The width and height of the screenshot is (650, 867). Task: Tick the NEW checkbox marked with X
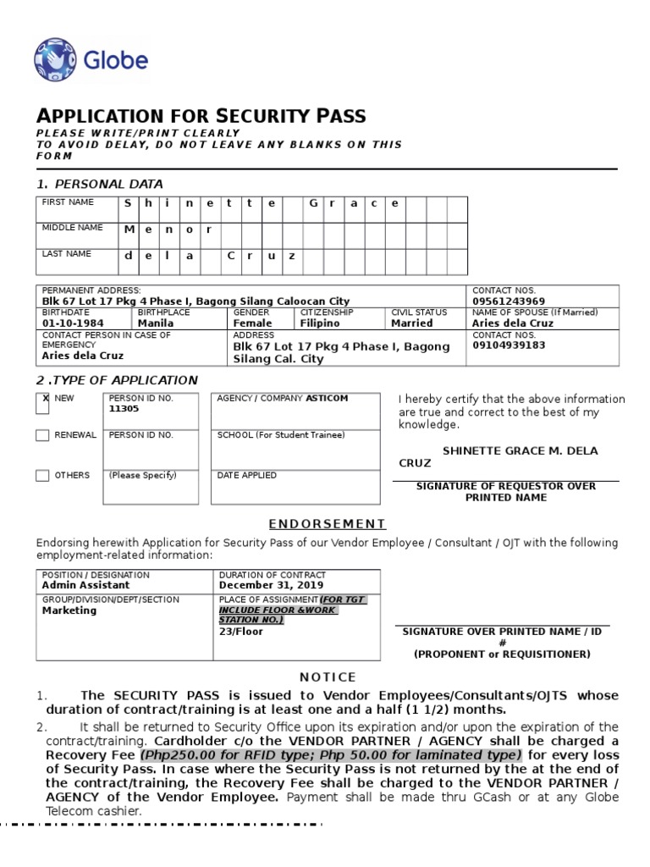[42, 404]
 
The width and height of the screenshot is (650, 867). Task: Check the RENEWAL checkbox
[42, 435]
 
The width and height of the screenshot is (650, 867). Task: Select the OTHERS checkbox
[42, 476]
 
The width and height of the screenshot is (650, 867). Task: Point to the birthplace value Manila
[156, 323]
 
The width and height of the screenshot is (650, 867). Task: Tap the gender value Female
[252, 323]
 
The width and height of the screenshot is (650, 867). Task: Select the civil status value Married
[412, 323]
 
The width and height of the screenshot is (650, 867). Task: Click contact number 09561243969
[509, 301]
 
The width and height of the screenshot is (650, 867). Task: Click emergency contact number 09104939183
[509, 345]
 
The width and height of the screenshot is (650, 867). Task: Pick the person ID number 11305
[124, 408]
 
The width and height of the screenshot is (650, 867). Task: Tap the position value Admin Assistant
[86, 585]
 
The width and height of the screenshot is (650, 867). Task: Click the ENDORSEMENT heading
[328, 524]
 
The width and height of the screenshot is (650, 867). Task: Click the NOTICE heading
[328, 677]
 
